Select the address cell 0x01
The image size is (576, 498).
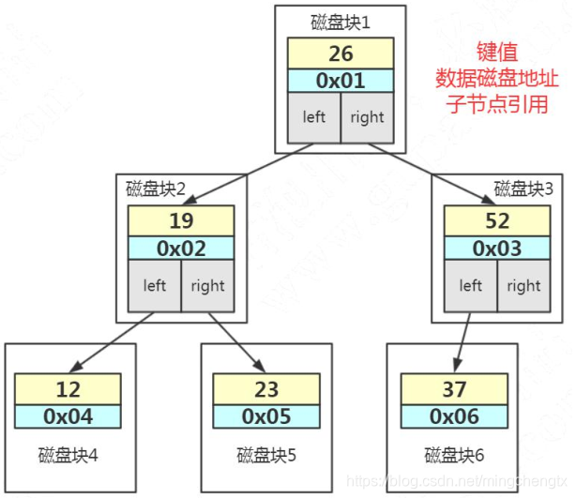pos(340,81)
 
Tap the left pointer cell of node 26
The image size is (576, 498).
pos(313,118)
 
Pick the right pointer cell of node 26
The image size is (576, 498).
pos(367,118)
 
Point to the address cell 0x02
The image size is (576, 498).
pos(180,249)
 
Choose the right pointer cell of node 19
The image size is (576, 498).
pos(207,286)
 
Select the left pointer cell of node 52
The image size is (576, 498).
pos(470,286)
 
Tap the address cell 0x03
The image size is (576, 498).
pos(496,249)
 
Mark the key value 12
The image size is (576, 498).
pos(68,388)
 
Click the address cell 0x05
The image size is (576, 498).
pos(266,416)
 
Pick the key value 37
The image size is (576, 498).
pos(453,388)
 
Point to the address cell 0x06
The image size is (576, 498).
pos(453,416)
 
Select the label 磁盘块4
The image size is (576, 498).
pos(68,456)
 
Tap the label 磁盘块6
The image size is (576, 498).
pos(454,456)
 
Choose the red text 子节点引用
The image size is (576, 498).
pos(497,103)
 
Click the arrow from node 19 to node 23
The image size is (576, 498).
pos(235,343)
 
